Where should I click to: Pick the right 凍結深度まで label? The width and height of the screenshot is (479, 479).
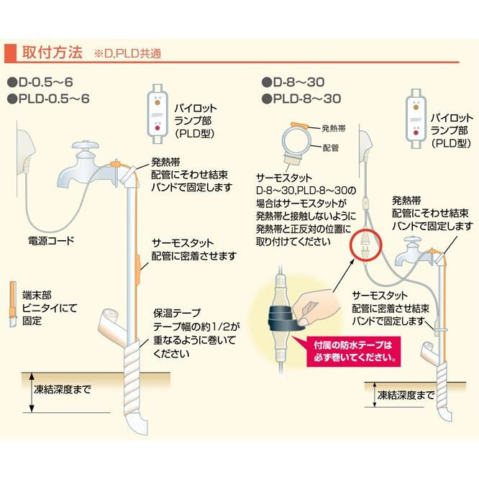pyautogui.click(x=406, y=395)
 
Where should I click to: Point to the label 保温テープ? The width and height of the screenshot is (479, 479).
pyautogui.click(x=175, y=314)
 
